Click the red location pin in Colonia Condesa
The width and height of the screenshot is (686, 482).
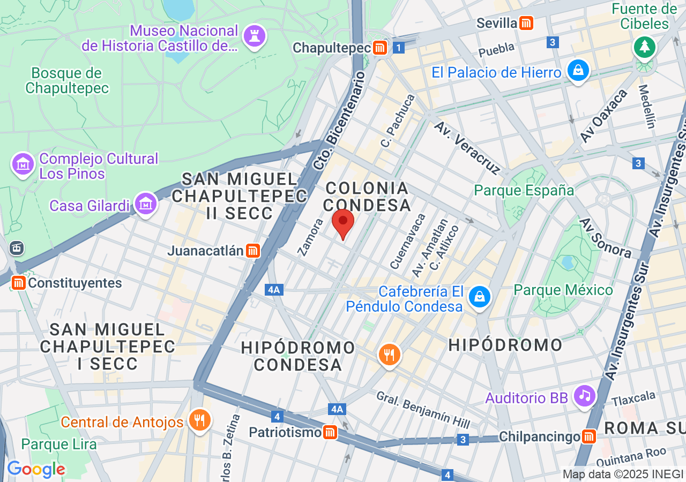tap(343, 222)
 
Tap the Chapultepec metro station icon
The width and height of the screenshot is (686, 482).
tap(380, 48)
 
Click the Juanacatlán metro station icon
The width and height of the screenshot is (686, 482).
tap(253, 251)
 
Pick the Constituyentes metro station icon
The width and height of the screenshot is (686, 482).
tap(19, 282)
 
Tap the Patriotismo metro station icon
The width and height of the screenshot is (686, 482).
tap(330, 432)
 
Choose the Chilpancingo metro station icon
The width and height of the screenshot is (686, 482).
tap(588, 436)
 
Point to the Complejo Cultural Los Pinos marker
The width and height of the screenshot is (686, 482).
tap(23, 164)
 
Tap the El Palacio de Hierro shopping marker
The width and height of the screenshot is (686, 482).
tap(578, 70)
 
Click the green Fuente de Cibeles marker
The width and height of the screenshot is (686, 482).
tap(644, 47)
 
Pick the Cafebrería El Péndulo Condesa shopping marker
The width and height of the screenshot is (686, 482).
tap(479, 296)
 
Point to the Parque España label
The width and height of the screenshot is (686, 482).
tap(524, 190)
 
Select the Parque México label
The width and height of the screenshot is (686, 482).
tap(563, 290)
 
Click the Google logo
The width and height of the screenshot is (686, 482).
tap(36, 470)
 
